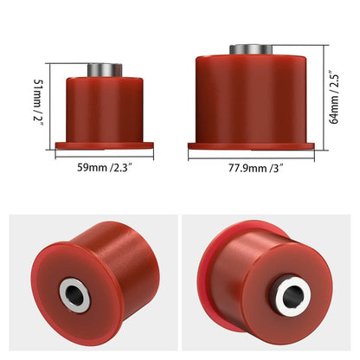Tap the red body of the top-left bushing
coord(105,108)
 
